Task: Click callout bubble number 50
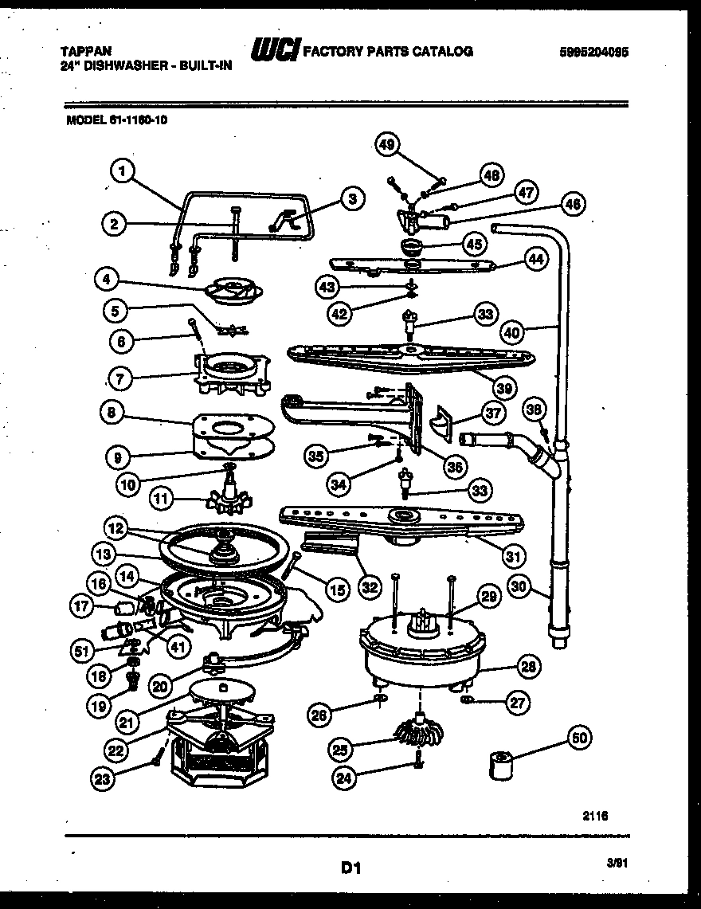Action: pos(579,738)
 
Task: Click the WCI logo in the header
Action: pos(275,52)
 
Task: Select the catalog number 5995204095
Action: pos(593,52)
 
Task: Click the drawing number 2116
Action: pos(594,814)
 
